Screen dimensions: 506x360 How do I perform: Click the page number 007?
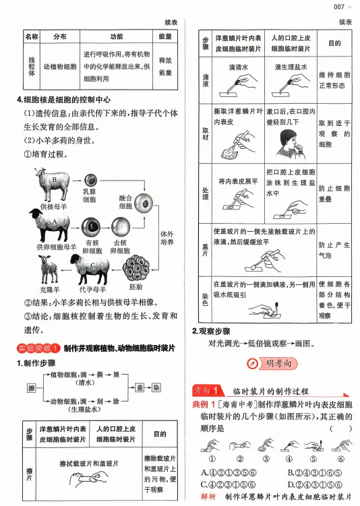[x=339, y=7]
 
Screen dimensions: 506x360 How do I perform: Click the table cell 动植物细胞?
[x=60, y=67]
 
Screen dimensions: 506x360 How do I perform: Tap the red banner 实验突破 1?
[x=37, y=348]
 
